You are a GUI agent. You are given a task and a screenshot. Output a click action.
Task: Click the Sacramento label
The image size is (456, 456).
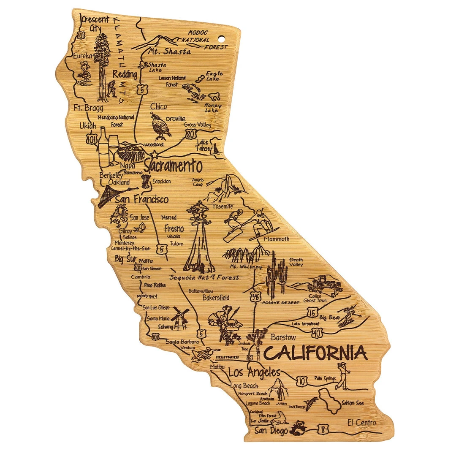(x=173, y=166)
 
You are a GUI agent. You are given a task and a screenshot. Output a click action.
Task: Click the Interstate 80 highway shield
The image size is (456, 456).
(x=191, y=133)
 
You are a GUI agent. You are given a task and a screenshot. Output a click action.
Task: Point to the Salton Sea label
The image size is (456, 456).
(x=353, y=403)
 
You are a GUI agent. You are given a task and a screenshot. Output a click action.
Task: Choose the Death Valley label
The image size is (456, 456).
(x=296, y=262)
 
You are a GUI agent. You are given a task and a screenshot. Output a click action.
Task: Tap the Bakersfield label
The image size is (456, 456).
(x=216, y=298)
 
